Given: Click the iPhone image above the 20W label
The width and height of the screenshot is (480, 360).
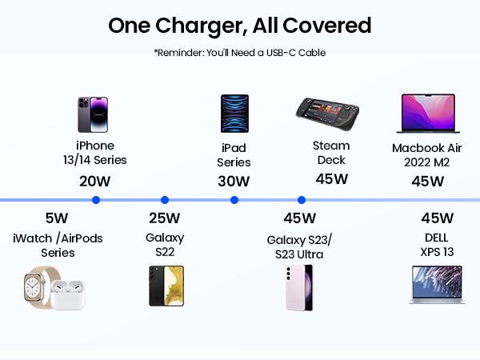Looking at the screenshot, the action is (93, 114).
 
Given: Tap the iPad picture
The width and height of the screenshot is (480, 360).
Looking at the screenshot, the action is (234, 114).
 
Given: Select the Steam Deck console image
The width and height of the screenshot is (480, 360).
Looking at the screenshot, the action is (327, 114).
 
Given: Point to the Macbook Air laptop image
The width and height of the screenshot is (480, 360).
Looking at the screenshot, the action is (428, 114).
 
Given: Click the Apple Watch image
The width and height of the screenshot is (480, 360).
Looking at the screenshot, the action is (36, 288).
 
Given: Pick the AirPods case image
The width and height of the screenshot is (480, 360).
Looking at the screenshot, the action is (68, 294).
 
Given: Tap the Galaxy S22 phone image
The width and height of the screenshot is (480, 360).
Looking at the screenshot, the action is (166, 286).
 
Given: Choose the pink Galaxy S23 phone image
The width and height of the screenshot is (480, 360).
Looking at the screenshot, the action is (299, 288).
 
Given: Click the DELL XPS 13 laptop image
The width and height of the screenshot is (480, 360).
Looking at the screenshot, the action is (437, 285).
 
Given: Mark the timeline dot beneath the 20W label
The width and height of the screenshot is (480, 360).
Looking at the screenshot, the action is (96, 200).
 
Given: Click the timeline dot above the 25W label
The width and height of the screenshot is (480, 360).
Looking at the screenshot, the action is (165, 200).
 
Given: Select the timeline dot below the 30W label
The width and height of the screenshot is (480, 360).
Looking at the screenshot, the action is (234, 200).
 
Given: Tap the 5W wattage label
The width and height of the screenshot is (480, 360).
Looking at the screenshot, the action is (57, 218).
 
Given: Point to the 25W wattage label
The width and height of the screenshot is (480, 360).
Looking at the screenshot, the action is (165, 218).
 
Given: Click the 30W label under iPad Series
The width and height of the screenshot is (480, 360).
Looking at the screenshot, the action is (234, 182).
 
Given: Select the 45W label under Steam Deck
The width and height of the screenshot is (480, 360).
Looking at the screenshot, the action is (332, 179).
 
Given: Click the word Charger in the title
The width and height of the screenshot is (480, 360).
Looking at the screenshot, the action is (202, 26).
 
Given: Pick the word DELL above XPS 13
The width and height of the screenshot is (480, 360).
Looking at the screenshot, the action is (437, 238).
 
